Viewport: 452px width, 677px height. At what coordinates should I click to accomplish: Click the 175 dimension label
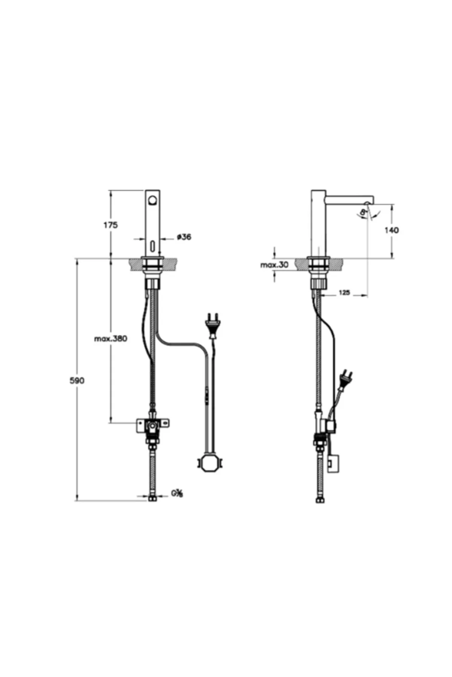point(110,225)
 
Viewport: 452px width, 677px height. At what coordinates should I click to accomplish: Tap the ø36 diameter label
point(184,237)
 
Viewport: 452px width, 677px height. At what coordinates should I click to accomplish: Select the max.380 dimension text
point(110,338)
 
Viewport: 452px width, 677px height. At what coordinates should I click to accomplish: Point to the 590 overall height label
point(77,380)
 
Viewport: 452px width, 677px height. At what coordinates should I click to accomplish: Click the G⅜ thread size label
point(177,493)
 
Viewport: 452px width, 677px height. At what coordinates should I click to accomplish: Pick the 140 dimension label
point(392,230)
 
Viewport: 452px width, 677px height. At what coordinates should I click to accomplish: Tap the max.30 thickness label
point(274,265)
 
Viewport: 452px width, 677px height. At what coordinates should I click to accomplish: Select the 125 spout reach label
point(344,292)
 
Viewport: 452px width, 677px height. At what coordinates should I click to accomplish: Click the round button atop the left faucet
point(153,200)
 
